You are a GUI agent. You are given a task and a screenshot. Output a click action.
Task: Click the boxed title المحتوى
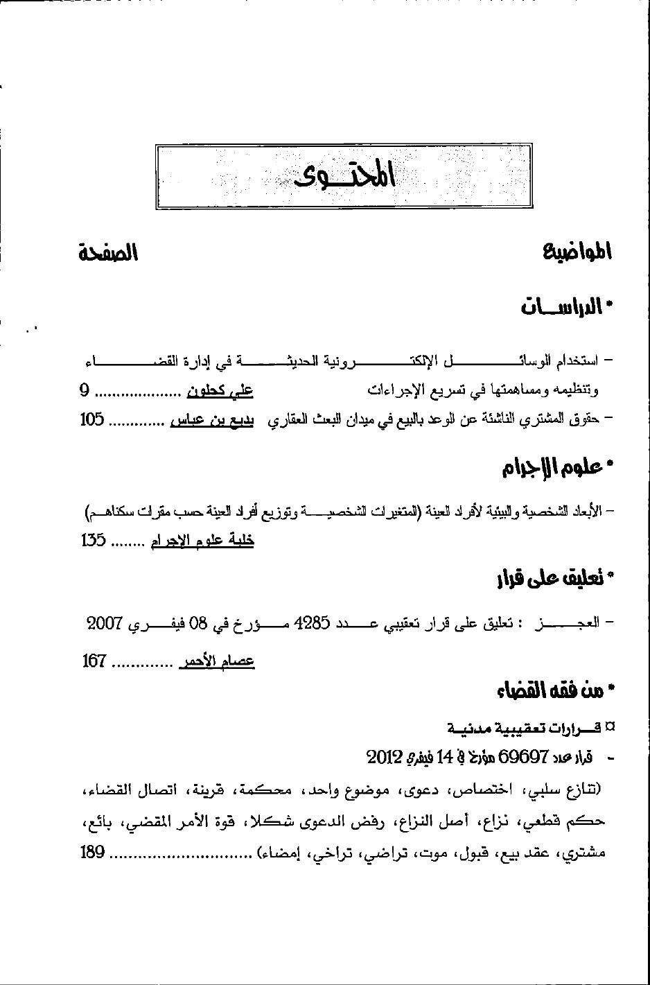tap(344, 176)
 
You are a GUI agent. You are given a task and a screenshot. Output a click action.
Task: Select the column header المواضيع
tap(578, 252)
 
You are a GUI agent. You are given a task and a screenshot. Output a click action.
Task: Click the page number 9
tap(85, 391)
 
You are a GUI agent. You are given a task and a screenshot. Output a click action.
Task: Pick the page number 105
tap(92, 419)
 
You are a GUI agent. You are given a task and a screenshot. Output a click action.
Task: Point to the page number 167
tap(94, 661)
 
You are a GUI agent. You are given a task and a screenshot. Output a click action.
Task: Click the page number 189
tap(92, 853)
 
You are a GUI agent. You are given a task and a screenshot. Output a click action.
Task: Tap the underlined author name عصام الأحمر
tap(217, 662)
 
